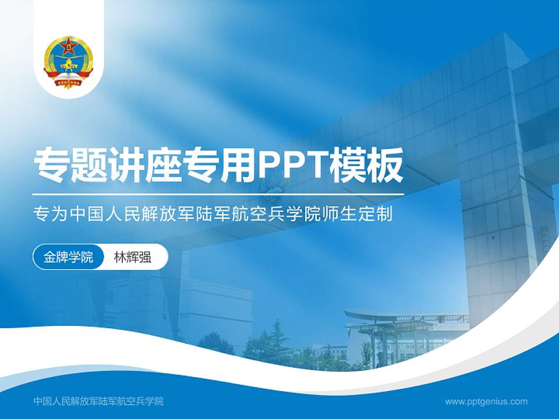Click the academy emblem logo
pos(69,61)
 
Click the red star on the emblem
pos(69,45)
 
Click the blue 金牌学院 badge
pos(68,257)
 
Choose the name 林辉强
pos(132,257)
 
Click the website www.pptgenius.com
pos(486,401)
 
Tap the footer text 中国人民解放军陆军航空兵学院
pos(99,401)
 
